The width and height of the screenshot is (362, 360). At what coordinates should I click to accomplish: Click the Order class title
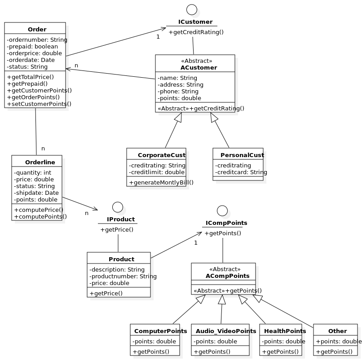tap(37, 30)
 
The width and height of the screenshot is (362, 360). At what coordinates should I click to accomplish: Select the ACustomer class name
tap(199, 68)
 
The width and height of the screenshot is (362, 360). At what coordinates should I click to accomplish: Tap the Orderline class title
tap(40, 162)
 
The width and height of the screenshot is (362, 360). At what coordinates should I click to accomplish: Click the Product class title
tap(121, 259)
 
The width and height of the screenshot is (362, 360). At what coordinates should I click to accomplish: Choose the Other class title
tap(337, 331)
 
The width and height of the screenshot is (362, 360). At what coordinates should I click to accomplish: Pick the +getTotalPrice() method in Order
tap(30, 77)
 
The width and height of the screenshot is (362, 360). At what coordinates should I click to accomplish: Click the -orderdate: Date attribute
tap(31, 60)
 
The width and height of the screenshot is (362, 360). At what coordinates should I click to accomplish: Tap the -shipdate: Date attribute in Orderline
tap(36, 193)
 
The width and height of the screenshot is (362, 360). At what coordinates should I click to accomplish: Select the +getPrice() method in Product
tap(106, 294)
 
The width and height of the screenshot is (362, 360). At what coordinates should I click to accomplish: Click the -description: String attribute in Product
tap(117, 270)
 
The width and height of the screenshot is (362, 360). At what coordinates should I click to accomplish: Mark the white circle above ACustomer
tap(192, 9)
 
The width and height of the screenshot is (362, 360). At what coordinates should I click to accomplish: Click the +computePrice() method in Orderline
tap(39, 210)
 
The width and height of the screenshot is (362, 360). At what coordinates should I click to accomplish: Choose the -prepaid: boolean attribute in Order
tap(32, 47)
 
